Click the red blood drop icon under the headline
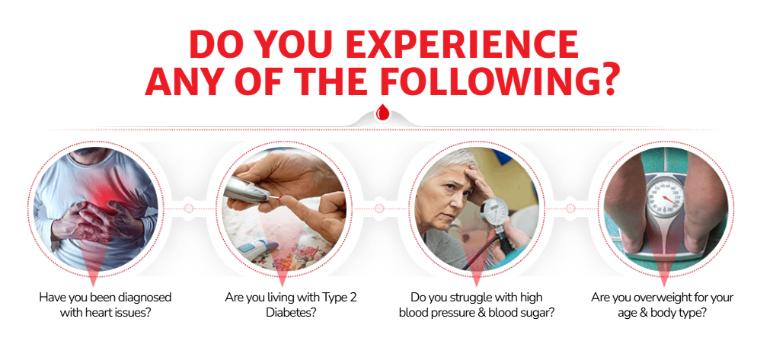[x=382, y=113]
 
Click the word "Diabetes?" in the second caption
[x=291, y=313]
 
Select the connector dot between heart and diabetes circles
[x=188, y=209]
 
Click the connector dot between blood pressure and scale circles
[x=570, y=209]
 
